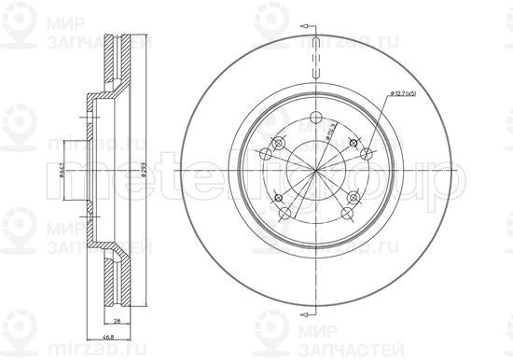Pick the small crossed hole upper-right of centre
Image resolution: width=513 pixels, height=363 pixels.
(x=352, y=143)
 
